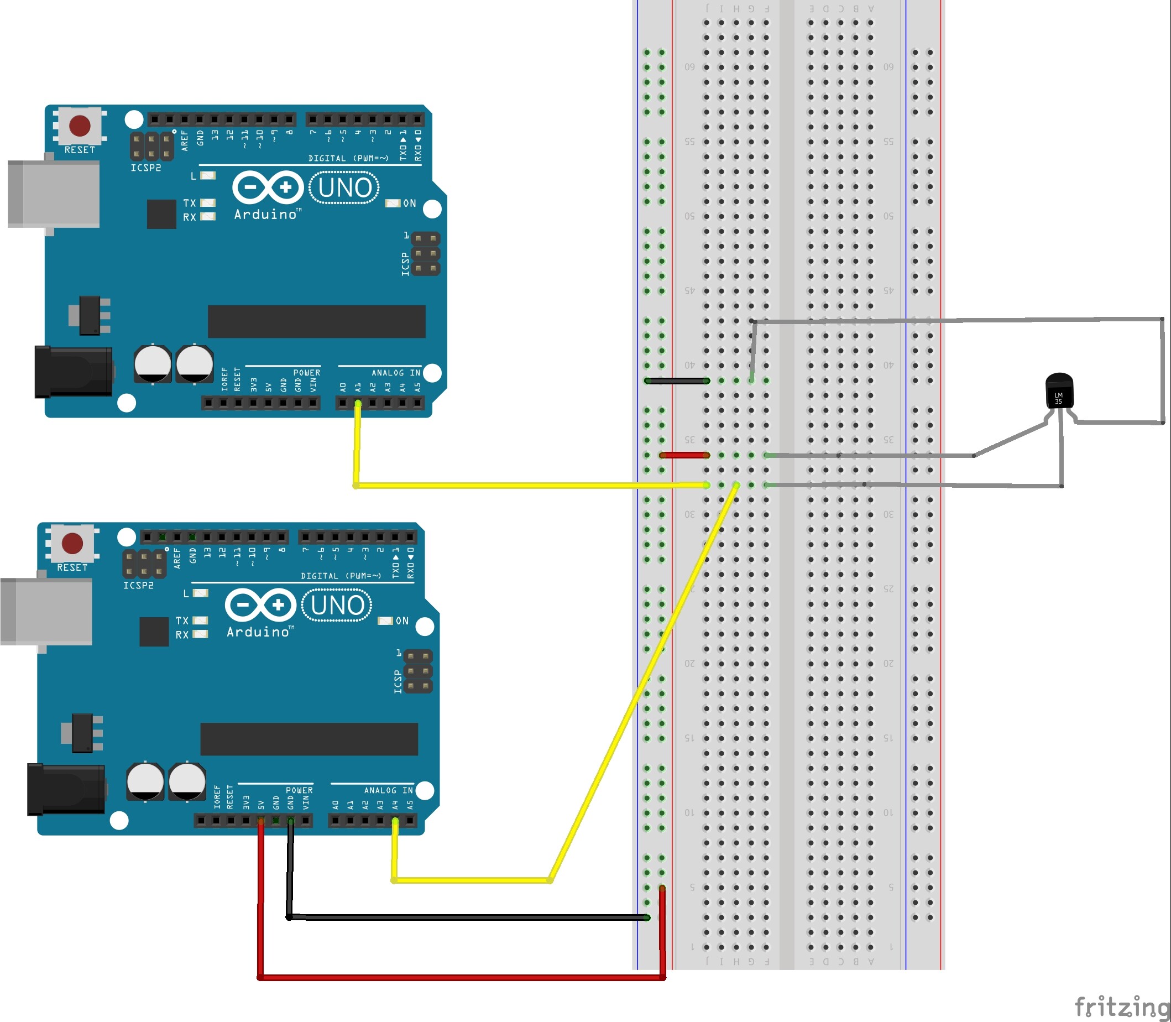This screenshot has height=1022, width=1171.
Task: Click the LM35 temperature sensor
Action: (1059, 391)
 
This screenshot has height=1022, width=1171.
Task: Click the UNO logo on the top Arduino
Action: (344, 187)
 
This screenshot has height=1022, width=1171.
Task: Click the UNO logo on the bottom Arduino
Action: (337, 605)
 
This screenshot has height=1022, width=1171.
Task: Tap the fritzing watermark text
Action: (1121, 1006)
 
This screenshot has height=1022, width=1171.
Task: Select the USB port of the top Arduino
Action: (54, 194)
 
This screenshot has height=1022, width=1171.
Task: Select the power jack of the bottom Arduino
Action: (66, 790)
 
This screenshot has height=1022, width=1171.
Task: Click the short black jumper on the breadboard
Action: (677, 380)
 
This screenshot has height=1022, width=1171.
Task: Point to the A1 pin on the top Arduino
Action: (358, 403)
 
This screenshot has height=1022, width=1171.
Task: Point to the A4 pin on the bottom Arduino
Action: (395, 821)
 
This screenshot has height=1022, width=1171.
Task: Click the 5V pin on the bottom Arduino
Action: (261, 821)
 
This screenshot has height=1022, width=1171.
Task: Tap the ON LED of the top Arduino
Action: (392, 204)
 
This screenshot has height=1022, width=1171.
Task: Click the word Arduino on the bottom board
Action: (259, 632)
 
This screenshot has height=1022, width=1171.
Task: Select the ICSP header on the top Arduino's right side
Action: (425, 253)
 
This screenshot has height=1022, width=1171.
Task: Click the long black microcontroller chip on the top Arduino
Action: (316, 321)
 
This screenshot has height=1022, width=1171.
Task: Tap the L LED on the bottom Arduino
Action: (201, 593)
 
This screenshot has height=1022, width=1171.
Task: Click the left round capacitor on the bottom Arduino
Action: (145, 780)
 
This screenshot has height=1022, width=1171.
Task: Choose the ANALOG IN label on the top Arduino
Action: (396, 372)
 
